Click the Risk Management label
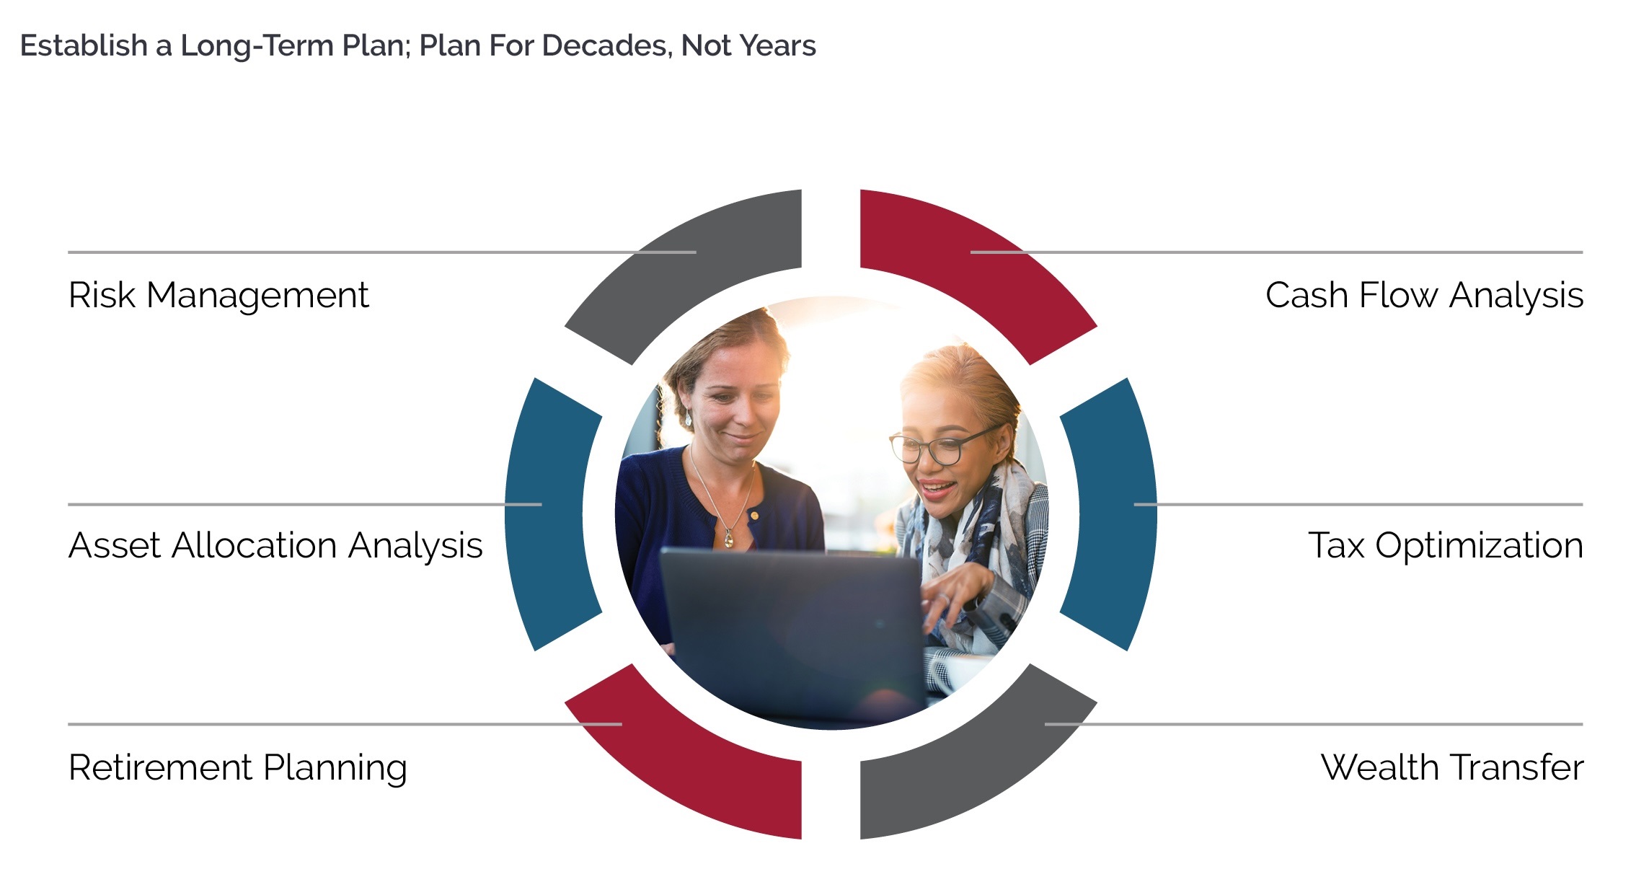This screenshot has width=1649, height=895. (x=218, y=296)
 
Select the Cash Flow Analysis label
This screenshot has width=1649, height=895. (x=1423, y=296)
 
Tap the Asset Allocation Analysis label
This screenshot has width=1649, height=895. (x=275, y=546)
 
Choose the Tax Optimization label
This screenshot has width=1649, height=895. (x=1445, y=546)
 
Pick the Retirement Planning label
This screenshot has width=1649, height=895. (x=237, y=768)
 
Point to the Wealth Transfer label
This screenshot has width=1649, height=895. (x=1451, y=768)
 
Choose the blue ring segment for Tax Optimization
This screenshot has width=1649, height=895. (x=1110, y=514)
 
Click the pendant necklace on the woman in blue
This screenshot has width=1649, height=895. (x=728, y=538)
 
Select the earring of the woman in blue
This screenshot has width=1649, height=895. (x=688, y=418)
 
